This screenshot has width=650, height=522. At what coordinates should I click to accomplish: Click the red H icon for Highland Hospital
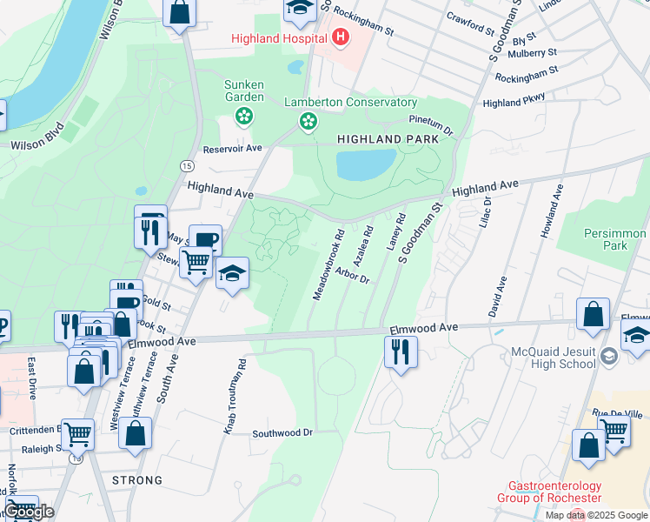tap(341, 38)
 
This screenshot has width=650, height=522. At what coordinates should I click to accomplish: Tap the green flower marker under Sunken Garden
tap(244, 116)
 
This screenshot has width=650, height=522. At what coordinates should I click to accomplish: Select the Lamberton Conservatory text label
tap(351, 103)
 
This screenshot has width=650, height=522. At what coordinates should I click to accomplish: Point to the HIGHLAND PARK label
tap(381, 139)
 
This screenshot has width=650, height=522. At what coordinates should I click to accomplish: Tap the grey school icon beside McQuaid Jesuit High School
tap(608, 356)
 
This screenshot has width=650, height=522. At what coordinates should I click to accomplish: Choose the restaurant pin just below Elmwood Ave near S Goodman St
tap(401, 352)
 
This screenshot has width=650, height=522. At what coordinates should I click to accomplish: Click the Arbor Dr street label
tap(351, 276)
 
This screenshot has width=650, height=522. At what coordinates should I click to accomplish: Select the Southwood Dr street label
tap(282, 432)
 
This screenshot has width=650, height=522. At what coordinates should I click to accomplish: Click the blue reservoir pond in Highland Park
tap(366, 164)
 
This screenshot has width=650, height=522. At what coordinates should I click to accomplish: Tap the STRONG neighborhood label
tap(136, 480)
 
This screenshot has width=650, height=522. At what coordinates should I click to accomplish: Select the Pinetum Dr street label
tap(431, 124)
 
